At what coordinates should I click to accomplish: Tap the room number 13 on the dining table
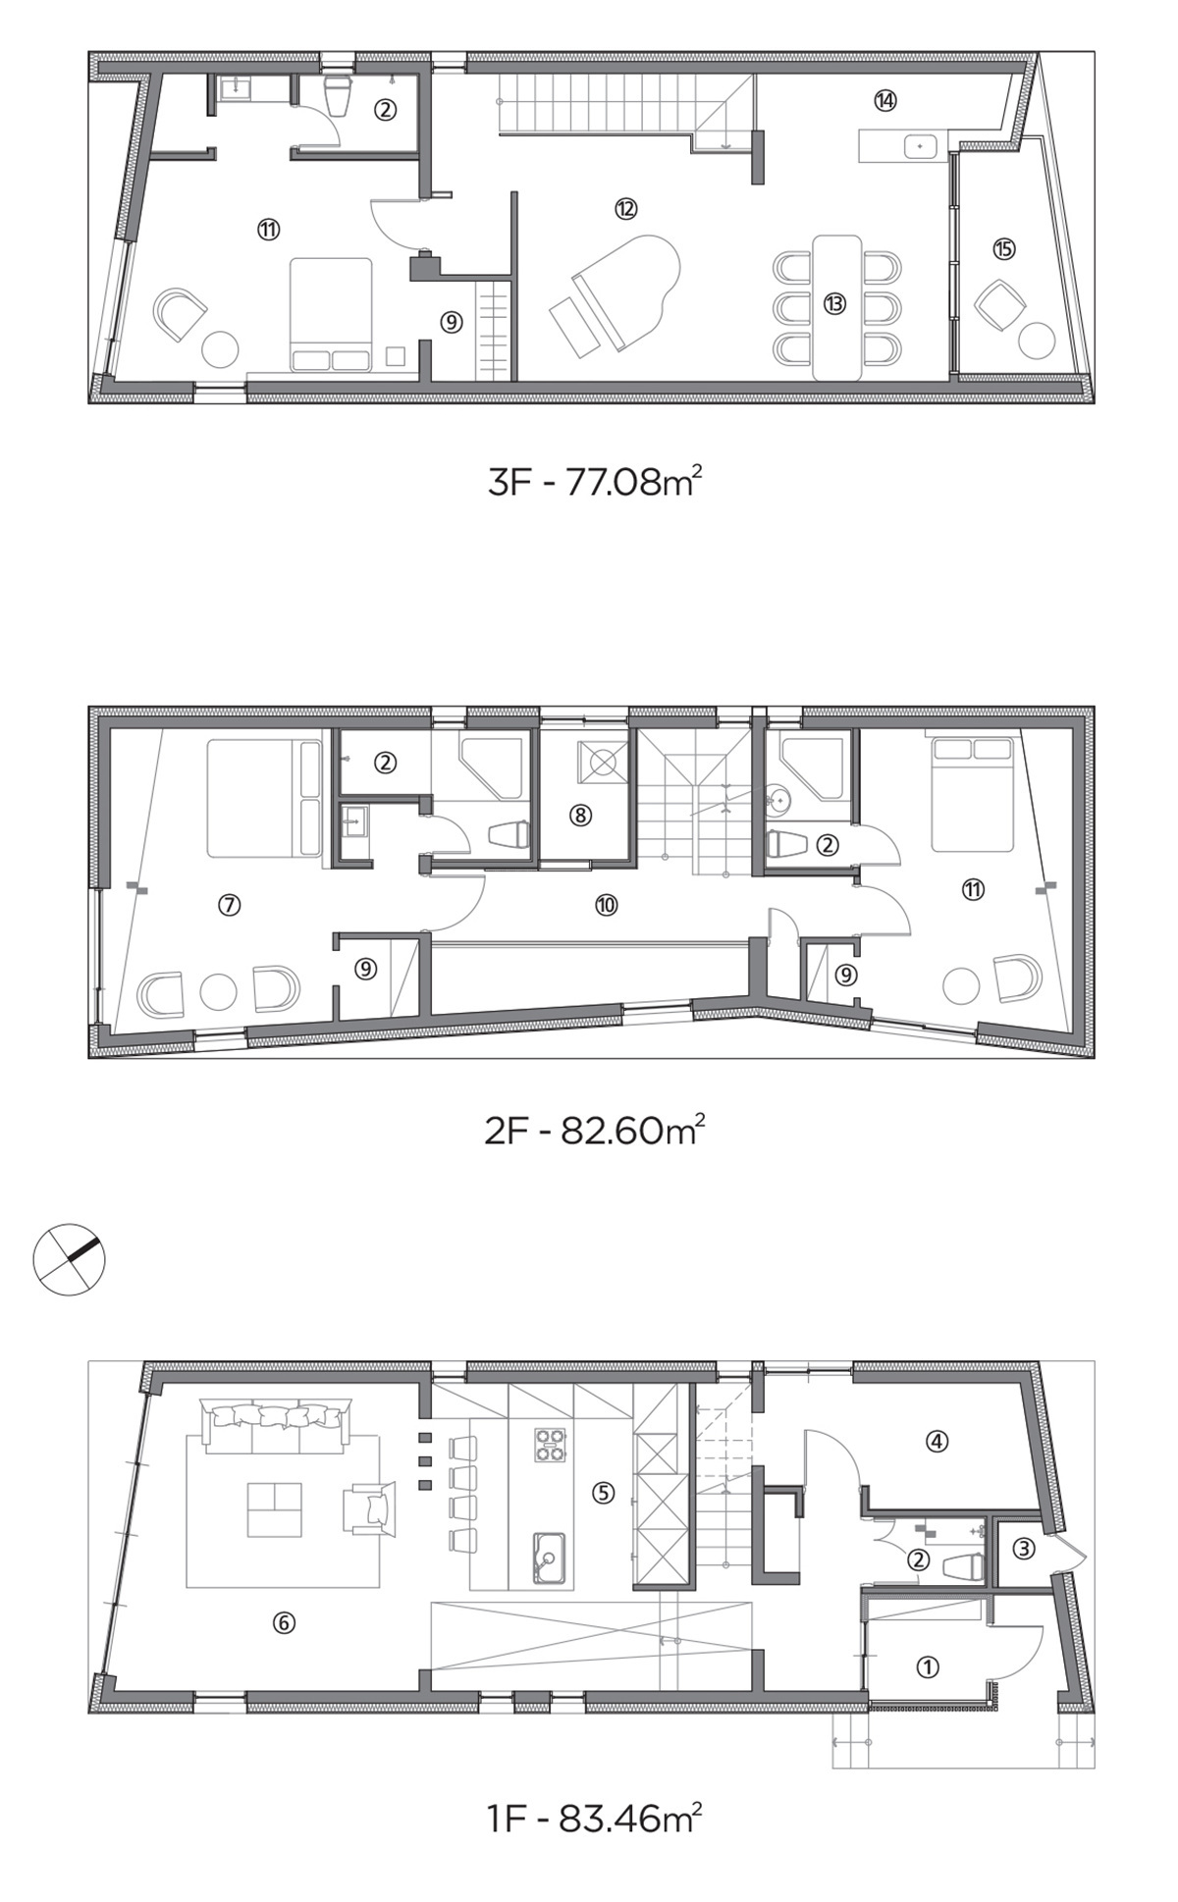click(834, 304)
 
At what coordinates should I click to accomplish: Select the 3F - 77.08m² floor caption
click(595, 482)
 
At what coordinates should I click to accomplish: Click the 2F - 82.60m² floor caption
click(595, 1131)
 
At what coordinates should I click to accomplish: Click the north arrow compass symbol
click(69, 1259)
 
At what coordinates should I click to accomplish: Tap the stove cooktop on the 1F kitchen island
click(551, 1446)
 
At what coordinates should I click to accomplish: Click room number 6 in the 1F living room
click(283, 1623)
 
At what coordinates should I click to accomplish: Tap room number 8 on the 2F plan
click(581, 815)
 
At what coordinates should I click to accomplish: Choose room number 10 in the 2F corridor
click(606, 905)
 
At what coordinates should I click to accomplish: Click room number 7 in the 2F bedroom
click(229, 905)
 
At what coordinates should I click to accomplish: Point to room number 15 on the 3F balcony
click(1003, 249)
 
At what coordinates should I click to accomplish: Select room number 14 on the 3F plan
click(885, 99)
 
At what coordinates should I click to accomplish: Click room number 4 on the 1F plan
click(937, 1442)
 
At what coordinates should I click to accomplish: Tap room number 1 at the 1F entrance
click(927, 1666)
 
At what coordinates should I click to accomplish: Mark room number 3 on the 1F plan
click(1023, 1549)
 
